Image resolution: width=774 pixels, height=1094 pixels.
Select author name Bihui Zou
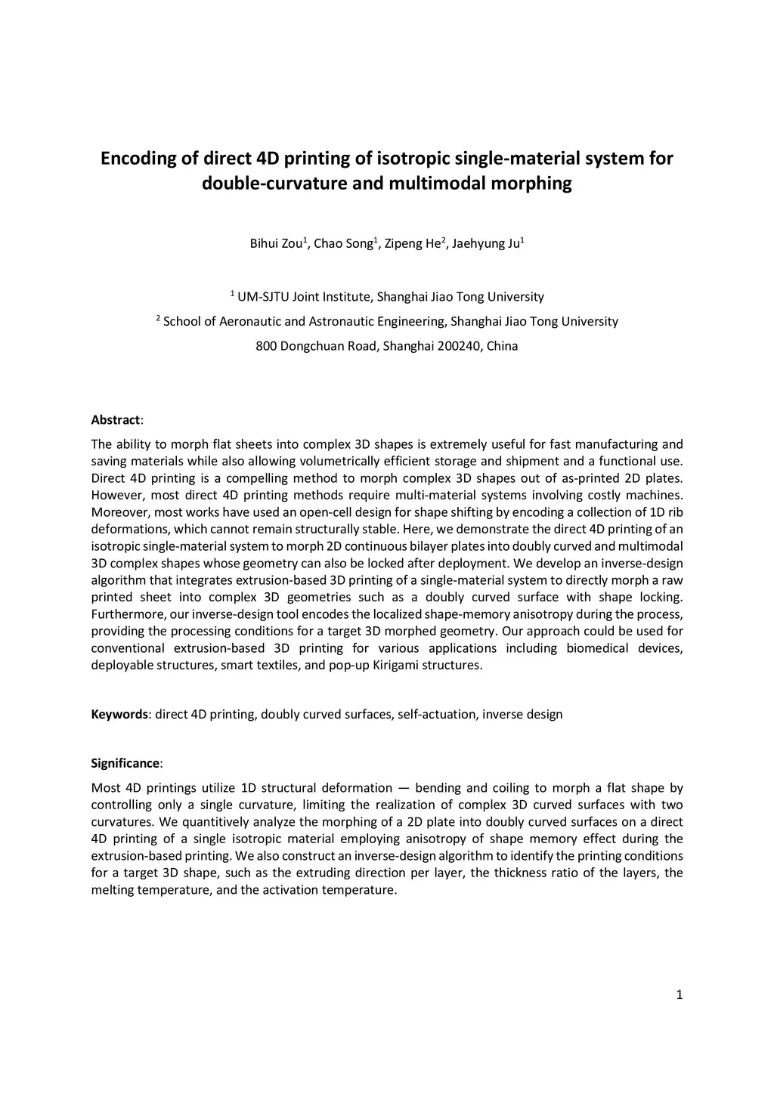tap(275, 244)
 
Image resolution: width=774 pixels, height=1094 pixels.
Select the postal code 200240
tap(457, 347)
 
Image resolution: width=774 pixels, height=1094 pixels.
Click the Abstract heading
tap(116, 420)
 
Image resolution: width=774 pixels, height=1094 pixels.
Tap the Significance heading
tap(125, 763)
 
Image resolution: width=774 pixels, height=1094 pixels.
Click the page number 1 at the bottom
tap(679, 995)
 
